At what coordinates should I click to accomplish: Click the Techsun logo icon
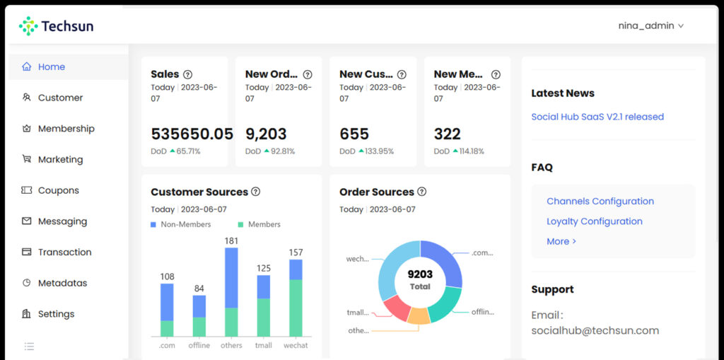28,26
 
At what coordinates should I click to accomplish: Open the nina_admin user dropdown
650,25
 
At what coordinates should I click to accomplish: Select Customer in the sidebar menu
60,98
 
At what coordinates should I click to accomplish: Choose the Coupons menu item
58,190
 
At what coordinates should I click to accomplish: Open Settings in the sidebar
56,314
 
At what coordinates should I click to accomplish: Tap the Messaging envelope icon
27,221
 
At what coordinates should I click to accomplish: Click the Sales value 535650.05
192,134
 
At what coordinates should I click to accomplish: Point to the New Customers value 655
354,134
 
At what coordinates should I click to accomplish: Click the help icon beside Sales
187,74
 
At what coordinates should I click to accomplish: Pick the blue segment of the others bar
231,277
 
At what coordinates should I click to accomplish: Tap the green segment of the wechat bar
296,308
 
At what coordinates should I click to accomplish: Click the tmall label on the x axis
263,345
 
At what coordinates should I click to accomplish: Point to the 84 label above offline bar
199,288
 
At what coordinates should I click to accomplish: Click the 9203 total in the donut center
420,274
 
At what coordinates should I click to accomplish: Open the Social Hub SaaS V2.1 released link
597,117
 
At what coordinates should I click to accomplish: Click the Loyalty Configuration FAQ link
594,221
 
